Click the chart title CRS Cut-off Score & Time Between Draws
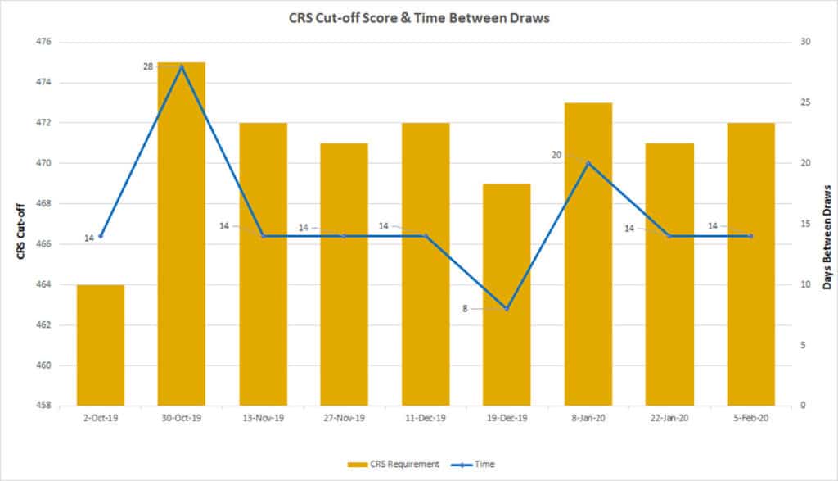click(418, 19)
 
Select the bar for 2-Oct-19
click(101, 344)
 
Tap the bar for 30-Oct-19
click(182, 238)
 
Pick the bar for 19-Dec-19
click(507, 295)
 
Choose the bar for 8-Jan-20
click(588, 254)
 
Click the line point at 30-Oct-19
click(182, 66)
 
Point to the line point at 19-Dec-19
click(507, 309)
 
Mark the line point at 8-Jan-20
click(588, 163)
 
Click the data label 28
click(148, 66)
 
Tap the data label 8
click(465, 309)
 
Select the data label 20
click(556, 154)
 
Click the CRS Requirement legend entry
click(393, 464)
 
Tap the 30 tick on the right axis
click(805, 42)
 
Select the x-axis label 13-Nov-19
click(263, 418)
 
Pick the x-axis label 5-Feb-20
click(750, 418)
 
